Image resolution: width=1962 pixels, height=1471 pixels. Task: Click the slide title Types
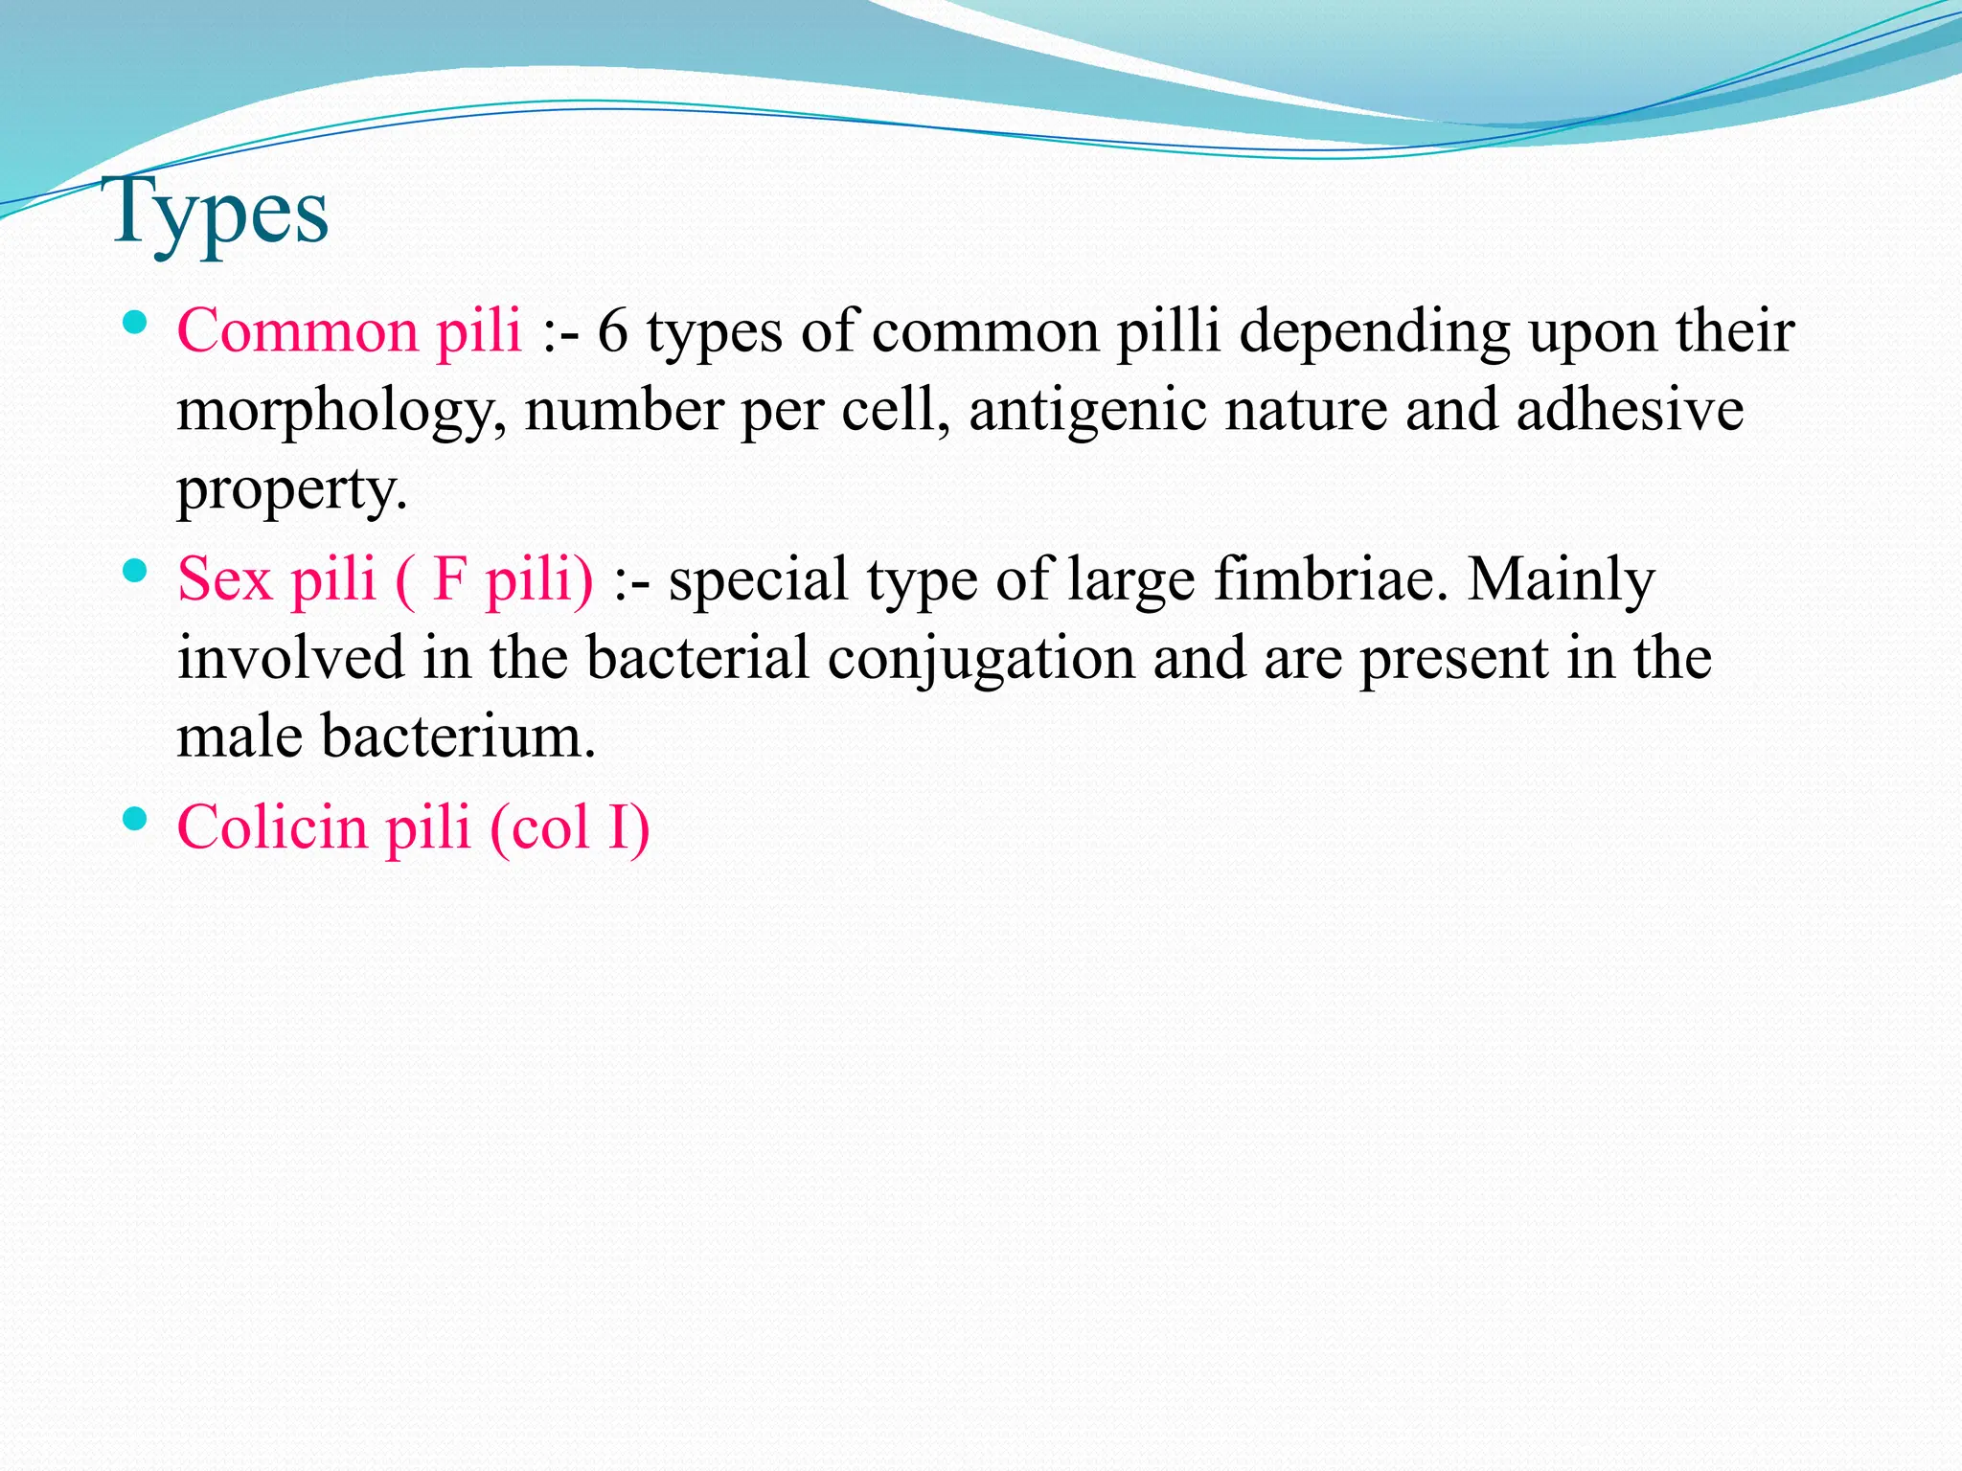click(220, 213)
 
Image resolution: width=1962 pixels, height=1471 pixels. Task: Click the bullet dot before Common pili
click(135, 323)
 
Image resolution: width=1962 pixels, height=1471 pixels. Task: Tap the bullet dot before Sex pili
click(135, 572)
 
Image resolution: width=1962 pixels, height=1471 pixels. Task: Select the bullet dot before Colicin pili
click(135, 819)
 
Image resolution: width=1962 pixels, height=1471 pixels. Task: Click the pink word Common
click(297, 331)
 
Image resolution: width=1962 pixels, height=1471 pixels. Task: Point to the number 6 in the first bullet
click(613, 331)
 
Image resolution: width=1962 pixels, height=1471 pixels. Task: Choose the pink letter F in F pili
click(448, 579)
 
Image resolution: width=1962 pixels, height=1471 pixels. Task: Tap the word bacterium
click(458, 737)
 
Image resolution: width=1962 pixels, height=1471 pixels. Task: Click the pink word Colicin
click(272, 826)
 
